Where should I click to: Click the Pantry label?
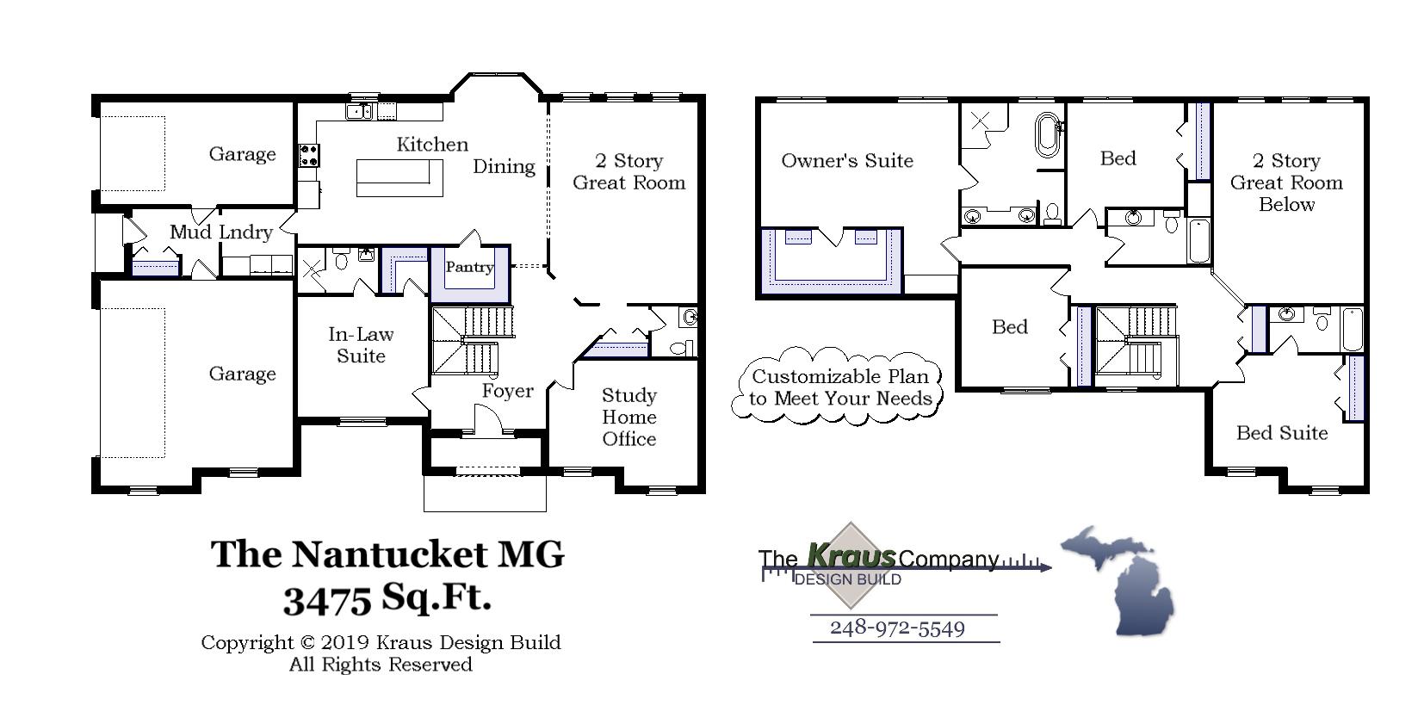[469, 267]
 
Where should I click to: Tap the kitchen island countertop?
[393, 177]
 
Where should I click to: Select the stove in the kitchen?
[308, 155]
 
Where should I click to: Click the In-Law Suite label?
[361, 345]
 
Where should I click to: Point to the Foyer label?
[507, 391]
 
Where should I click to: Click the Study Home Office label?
[629, 417]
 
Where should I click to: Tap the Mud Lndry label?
[221, 232]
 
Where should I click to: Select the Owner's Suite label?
[847, 161]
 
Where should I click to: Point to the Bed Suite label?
[1281, 433]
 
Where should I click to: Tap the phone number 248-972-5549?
[897, 628]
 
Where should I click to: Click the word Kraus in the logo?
[851, 557]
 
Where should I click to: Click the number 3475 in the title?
[327, 600]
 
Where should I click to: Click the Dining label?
[504, 167]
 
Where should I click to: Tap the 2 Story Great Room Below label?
[1286, 183]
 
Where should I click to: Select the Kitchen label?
[432, 145]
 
